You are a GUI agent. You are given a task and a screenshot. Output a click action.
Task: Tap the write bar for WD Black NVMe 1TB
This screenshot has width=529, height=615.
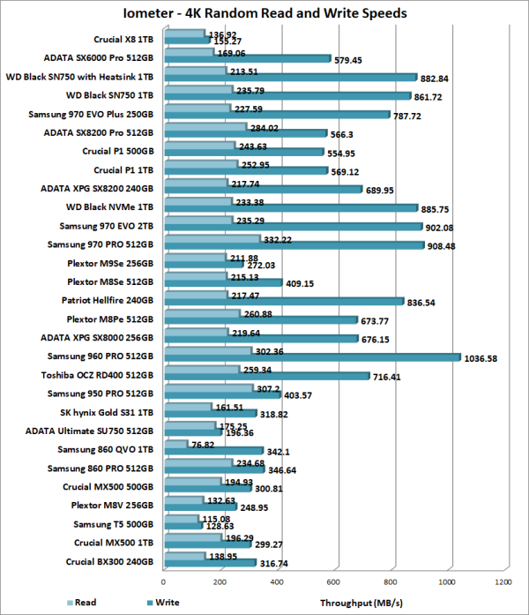[291, 208]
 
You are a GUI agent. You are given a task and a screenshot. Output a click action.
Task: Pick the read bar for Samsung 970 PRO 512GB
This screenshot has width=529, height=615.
[212, 240]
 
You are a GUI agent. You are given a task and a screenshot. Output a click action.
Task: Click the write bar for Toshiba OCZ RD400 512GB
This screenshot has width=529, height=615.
[266, 376]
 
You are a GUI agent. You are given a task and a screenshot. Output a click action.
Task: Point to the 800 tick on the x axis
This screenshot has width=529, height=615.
[391, 582]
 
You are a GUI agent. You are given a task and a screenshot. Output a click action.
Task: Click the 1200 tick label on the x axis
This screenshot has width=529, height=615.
[504, 582]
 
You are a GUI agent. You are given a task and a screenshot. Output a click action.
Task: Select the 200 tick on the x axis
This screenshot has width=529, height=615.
[220, 582]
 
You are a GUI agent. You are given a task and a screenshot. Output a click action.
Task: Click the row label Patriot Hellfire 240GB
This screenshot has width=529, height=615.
[108, 299]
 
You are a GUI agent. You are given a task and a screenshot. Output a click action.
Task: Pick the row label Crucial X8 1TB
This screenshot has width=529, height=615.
[123, 39]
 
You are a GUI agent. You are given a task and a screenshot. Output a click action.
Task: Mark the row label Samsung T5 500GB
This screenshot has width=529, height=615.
[114, 523]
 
